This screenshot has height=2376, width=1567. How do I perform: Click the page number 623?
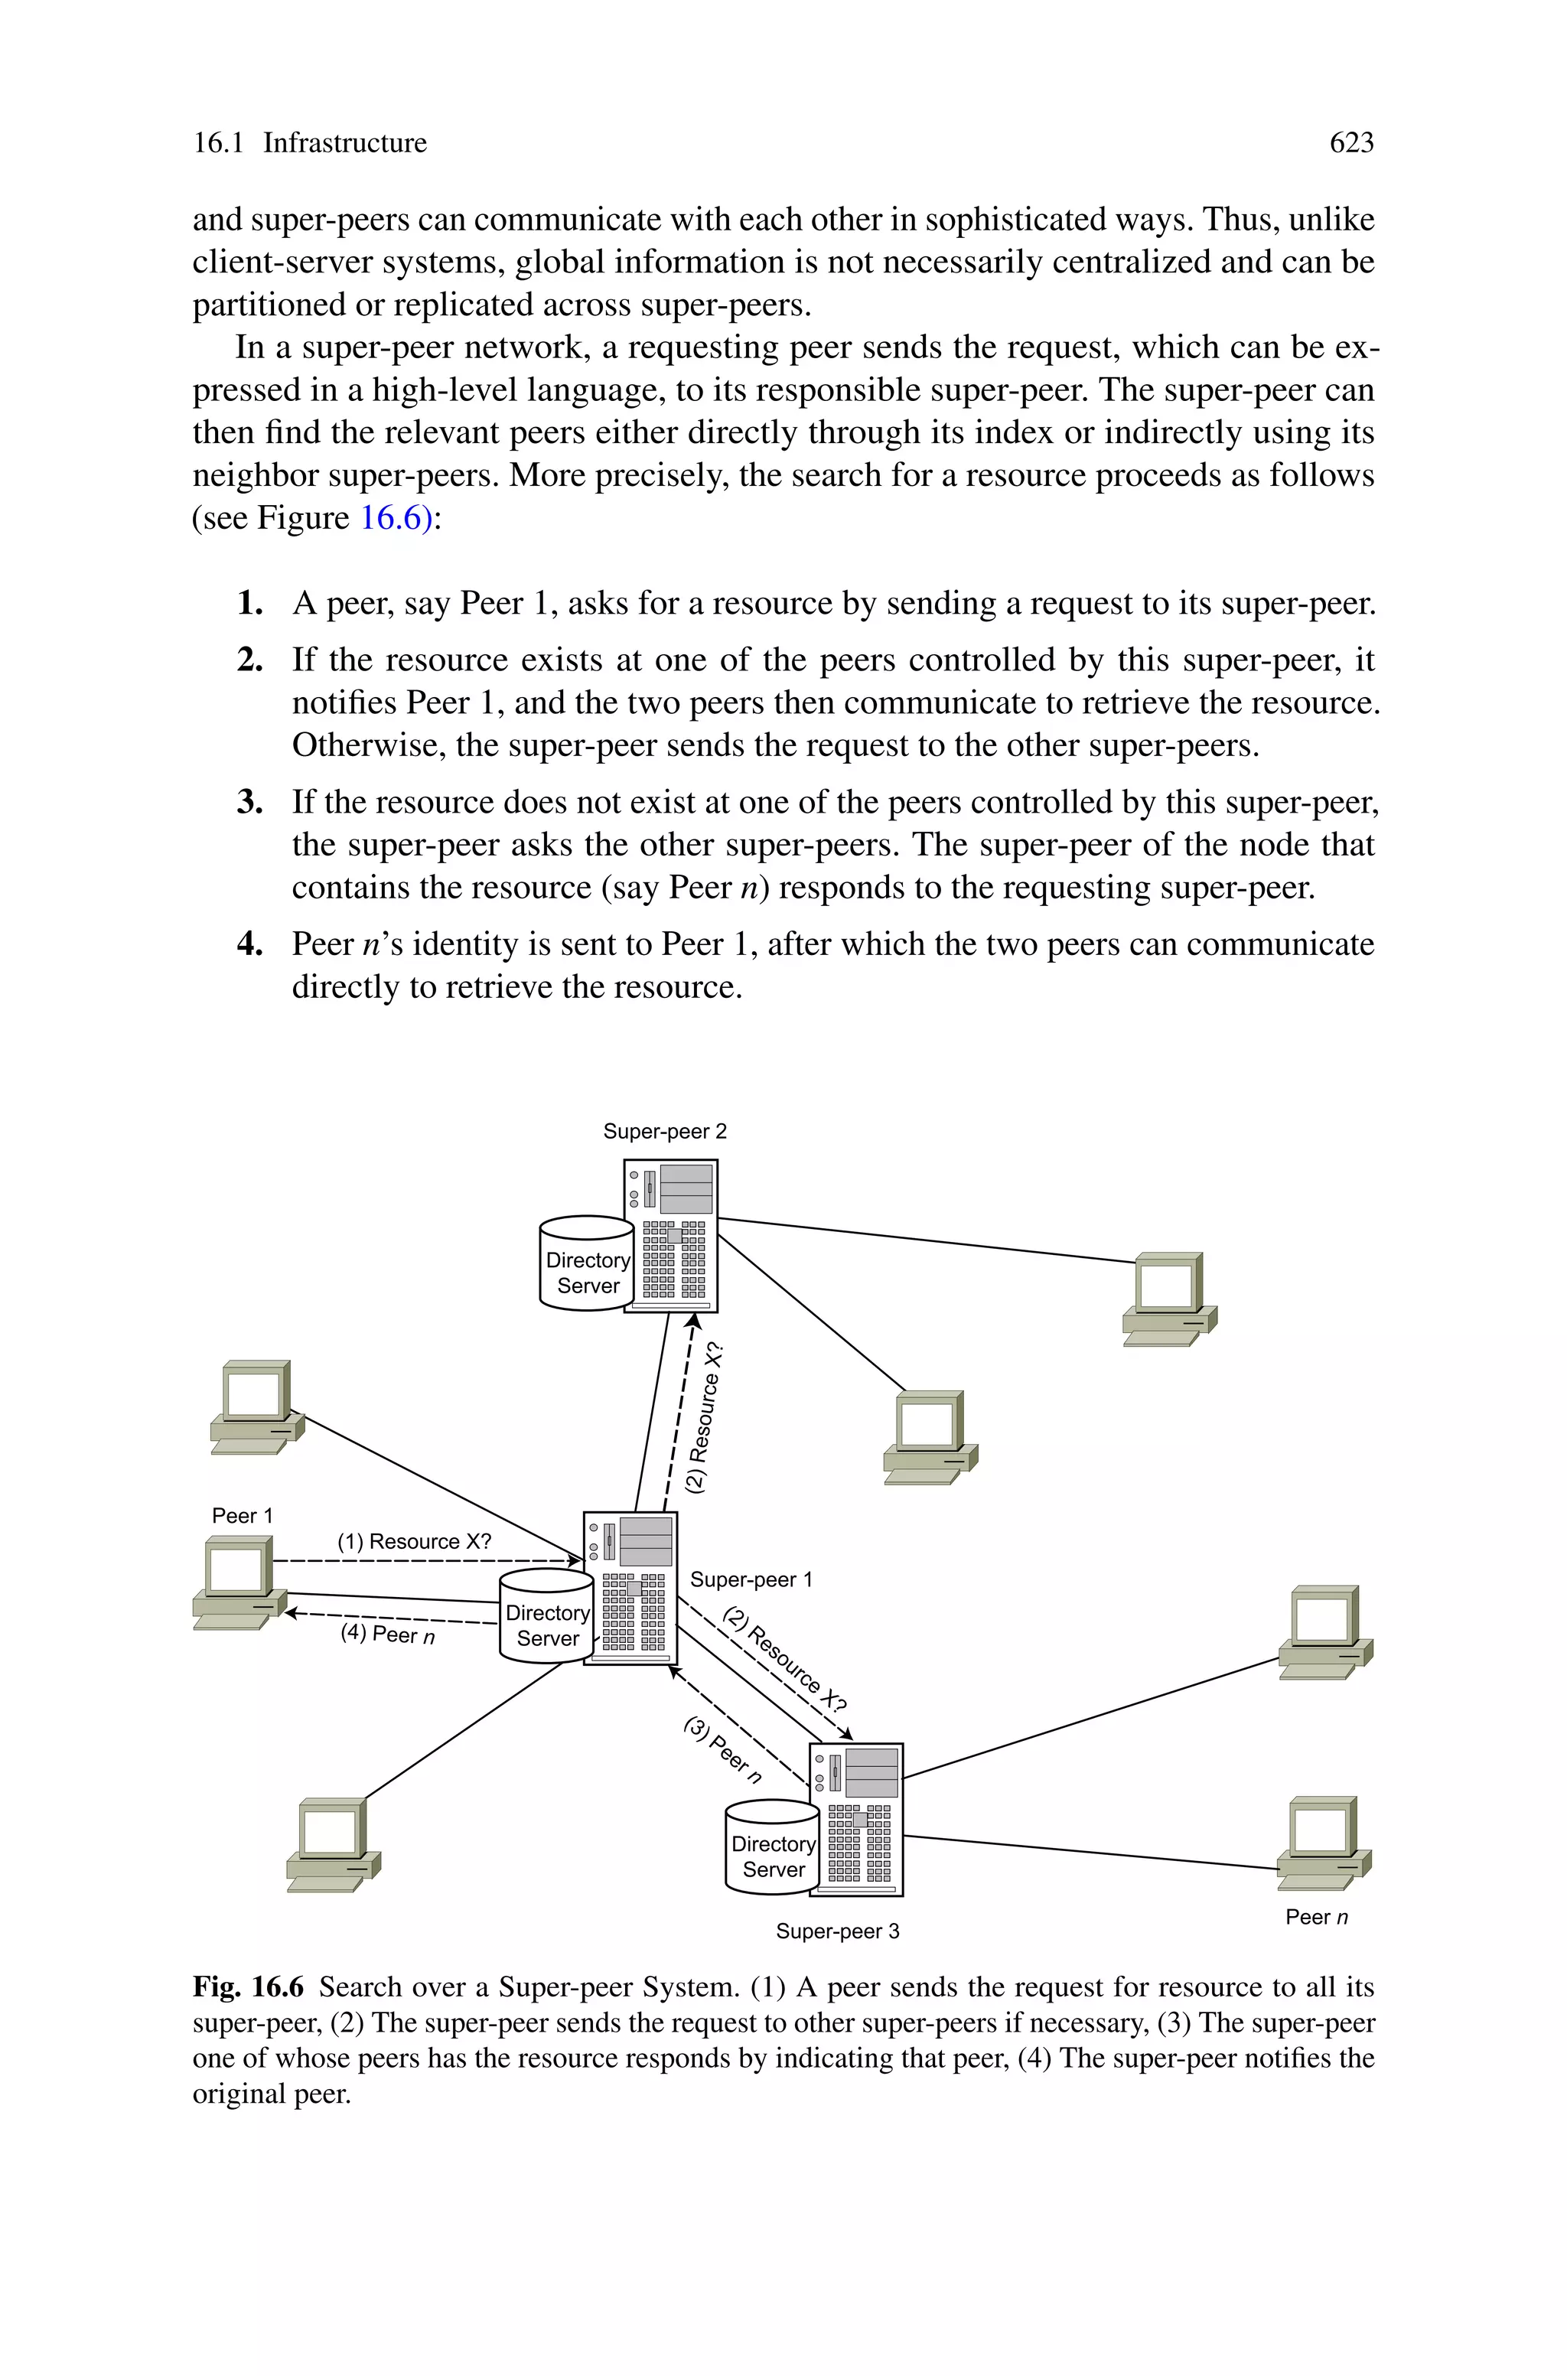[1351, 143]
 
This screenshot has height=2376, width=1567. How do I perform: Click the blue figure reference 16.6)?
[396, 517]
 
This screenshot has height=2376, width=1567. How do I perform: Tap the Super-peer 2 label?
[665, 1131]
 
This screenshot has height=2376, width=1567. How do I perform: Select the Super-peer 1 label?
[751, 1579]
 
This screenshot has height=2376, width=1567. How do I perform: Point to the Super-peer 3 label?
[838, 1931]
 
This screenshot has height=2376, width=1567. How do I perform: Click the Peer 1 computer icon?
[236, 1584]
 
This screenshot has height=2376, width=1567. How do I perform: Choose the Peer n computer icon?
[1323, 1843]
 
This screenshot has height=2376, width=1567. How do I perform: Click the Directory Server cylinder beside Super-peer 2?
[587, 1264]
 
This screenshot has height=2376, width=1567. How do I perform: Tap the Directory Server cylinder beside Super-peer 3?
[773, 1847]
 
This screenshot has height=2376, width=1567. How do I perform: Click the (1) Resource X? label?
[414, 1542]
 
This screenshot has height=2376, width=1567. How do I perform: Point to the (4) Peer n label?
[388, 1635]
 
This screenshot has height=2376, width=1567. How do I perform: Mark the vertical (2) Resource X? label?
[705, 1418]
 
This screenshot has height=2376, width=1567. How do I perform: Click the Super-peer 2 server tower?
[670, 1236]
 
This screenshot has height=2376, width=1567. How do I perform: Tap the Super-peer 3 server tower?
[856, 1820]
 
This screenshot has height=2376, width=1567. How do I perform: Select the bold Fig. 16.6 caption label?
[248, 1987]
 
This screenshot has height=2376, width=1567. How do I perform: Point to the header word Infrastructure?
[345, 143]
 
